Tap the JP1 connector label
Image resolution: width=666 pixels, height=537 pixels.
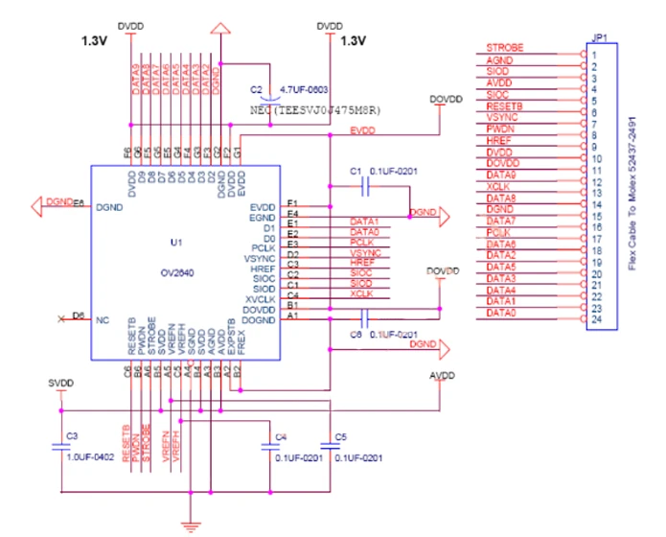[601, 39]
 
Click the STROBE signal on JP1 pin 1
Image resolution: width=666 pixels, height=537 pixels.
[504, 47]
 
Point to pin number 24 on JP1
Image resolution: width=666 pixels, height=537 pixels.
[595, 319]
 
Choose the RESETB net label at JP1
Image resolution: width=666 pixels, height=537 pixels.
[505, 105]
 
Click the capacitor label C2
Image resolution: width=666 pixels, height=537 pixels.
[256, 89]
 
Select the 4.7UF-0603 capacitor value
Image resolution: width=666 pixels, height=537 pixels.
[304, 89]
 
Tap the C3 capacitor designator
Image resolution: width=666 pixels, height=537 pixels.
[71, 435]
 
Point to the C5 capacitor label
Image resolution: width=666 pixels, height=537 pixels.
[340, 437]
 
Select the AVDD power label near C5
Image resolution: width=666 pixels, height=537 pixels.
[443, 375]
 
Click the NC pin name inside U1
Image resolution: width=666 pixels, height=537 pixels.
[103, 319]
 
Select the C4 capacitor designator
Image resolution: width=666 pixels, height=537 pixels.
[281, 437]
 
